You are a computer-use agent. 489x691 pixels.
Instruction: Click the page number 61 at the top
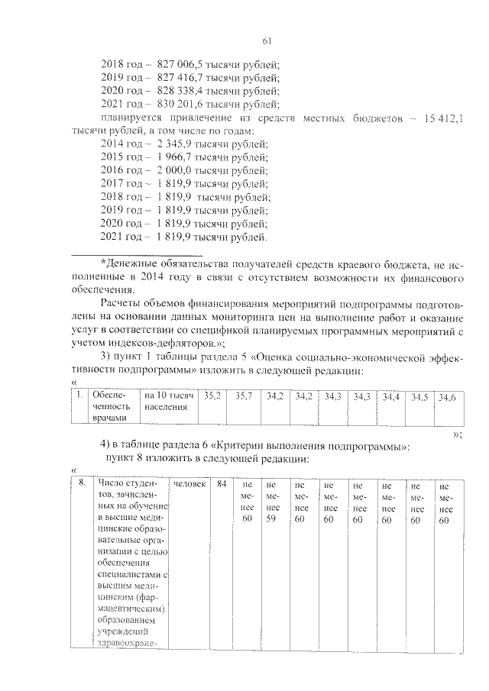(x=267, y=41)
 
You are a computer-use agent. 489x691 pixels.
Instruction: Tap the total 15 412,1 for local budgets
(x=443, y=118)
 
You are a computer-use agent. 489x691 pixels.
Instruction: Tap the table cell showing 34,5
(x=419, y=398)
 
